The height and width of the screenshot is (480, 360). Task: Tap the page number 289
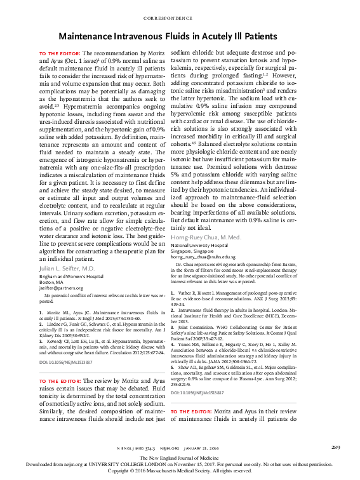coord(337,448)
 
